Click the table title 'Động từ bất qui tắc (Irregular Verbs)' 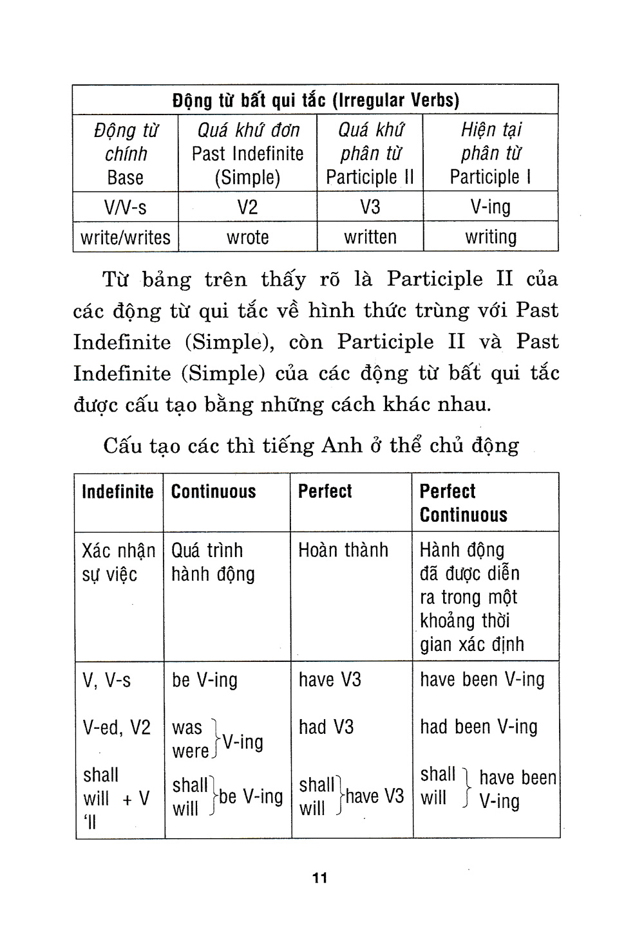click(316, 100)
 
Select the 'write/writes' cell click(126, 237)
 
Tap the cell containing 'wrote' click(247, 237)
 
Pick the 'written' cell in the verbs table click(370, 237)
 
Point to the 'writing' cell click(491, 237)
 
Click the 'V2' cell click(247, 207)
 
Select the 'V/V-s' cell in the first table click(126, 207)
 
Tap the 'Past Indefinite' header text click(247, 154)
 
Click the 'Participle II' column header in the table click(370, 177)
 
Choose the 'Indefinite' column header click(118, 492)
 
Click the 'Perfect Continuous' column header click(463, 503)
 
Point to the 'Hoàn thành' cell click(343, 551)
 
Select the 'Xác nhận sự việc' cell click(118, 562)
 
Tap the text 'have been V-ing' click(482, 680)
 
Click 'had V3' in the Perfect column click(326, 728)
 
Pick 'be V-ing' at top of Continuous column click(204, 681)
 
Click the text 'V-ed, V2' click(117, 728)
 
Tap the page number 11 click(320, 878)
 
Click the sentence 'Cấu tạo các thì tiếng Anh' click(310, 446)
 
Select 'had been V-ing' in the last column click(478, 728)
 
